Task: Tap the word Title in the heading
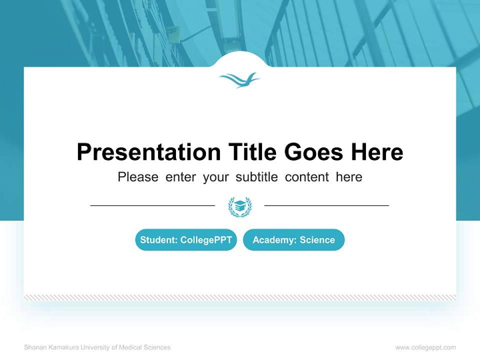point(251,152)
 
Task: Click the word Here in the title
point(376,152)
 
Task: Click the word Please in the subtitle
point(138,177)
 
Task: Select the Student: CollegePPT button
point(186,240)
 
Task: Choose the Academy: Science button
point(293,240)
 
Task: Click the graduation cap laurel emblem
point(240,206)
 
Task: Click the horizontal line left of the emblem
point(152,205)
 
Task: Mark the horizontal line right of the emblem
point(326,205)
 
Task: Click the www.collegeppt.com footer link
point(425,347)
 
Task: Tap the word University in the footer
point(94,347)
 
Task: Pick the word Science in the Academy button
point(317,240)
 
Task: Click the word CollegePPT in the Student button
point(206,240)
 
